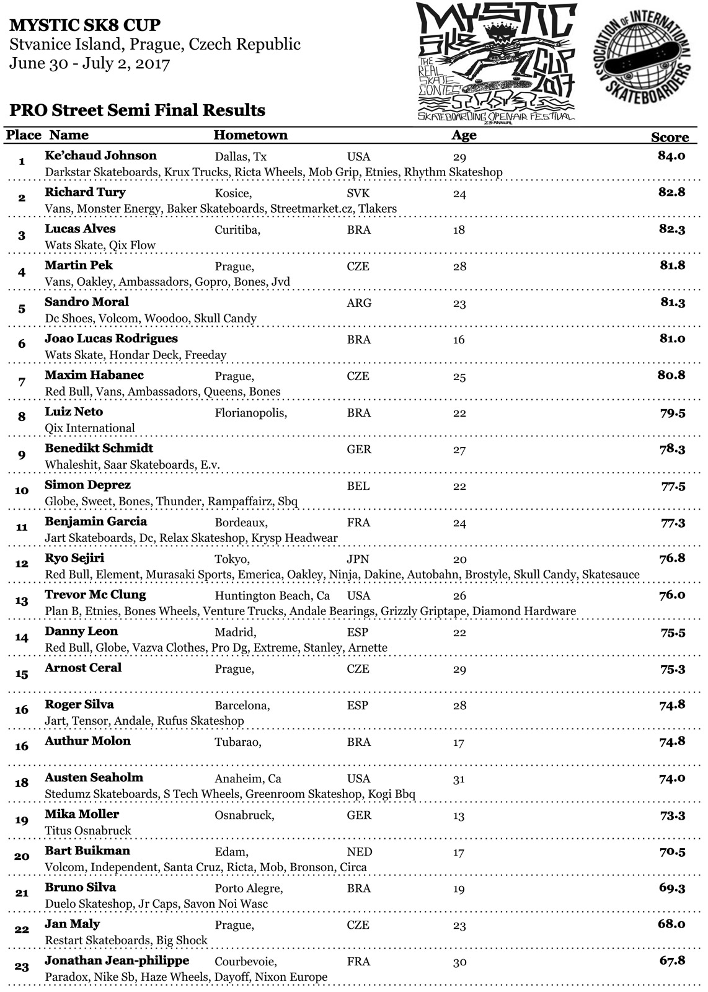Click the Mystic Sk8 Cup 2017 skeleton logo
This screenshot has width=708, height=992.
tap(496, 62)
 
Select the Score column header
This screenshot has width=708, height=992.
tap(670, 138)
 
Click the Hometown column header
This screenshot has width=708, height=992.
tap(250, 135)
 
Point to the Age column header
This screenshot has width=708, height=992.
tap(464, 135)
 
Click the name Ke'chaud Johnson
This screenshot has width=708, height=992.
tap(100, 156)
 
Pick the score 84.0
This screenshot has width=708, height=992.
tap(671, 156)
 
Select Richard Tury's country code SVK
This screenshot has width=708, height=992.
tap(358, 193)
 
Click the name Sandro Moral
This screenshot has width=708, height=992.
tap(87, 302)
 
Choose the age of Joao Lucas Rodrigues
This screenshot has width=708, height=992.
tap(459, 340)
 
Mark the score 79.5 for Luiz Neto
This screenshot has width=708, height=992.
tap(672, 412)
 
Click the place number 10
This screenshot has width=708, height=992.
tap(22, 491)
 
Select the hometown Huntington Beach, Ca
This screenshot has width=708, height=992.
tap(272, 596)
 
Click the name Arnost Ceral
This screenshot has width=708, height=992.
tap(83, 668)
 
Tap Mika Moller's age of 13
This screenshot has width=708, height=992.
tap(459, 815)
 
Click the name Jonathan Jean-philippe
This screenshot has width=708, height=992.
tap(117, 960)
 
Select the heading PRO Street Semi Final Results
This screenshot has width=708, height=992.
tap(138, 110)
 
